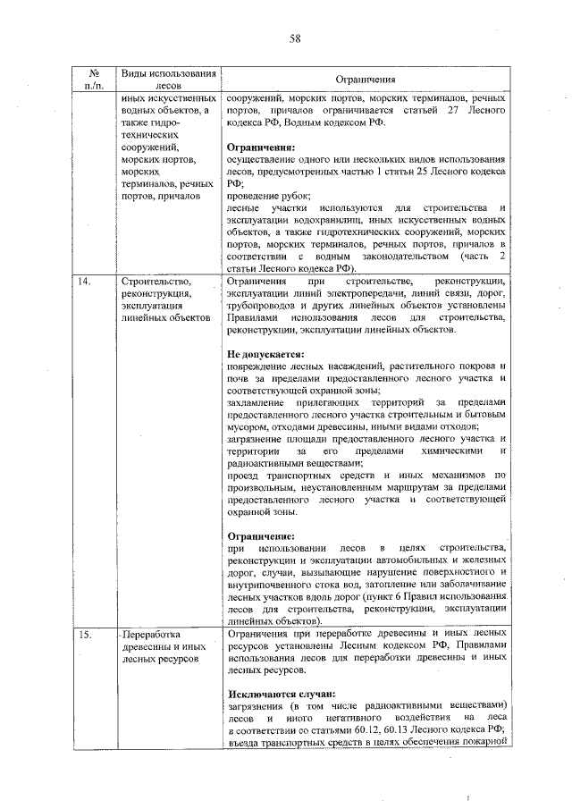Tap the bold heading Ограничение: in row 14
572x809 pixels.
[261, 535]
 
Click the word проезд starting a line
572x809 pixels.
[243, 476]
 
